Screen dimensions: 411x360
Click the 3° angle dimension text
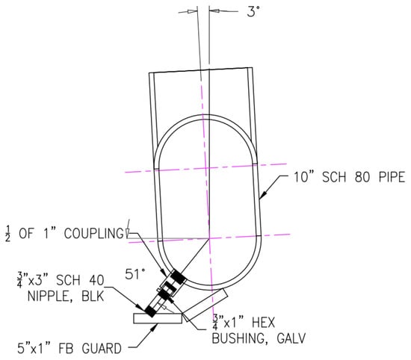(253, 12)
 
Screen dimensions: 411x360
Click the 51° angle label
(135, 274)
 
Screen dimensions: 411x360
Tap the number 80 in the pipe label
(362, 177)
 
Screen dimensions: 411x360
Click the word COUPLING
(94, 234)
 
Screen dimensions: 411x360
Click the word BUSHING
(240, 338)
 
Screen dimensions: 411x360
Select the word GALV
(291, 338)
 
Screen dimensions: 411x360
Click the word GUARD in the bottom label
(102, 349)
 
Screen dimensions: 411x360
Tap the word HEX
(263, 322)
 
